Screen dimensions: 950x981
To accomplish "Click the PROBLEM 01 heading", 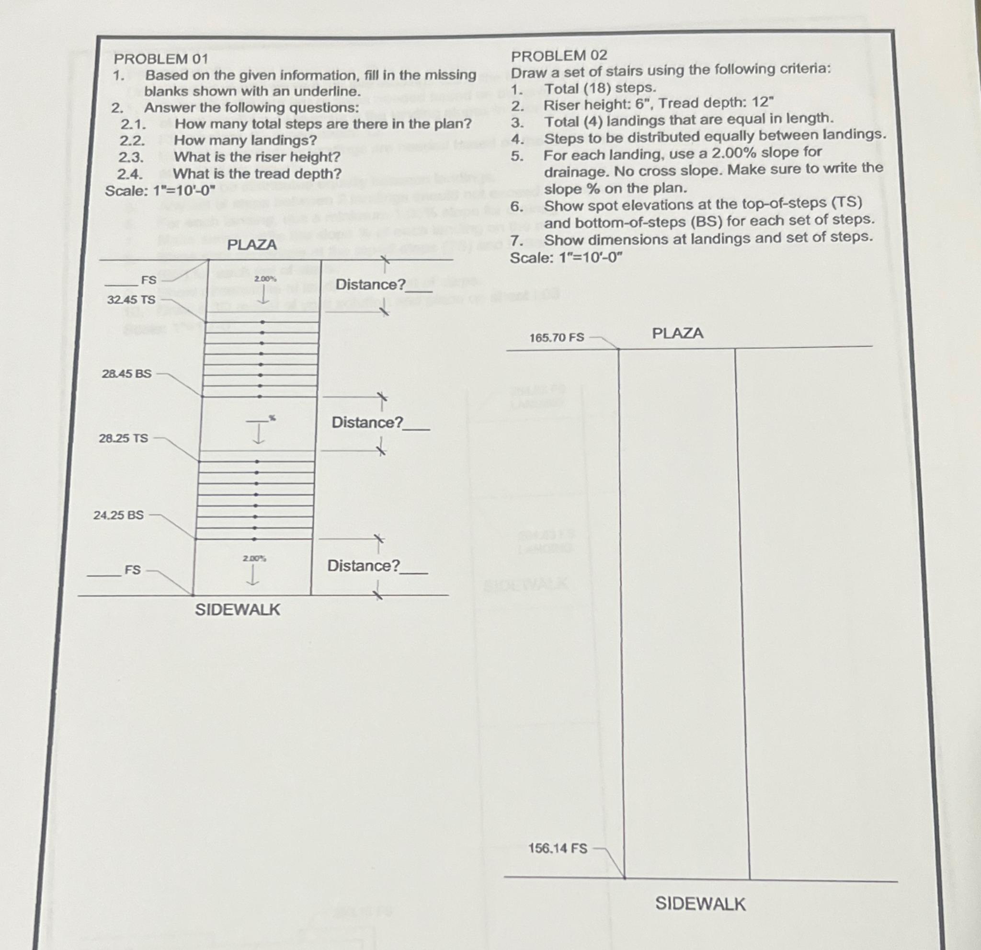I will [x=160, y=58].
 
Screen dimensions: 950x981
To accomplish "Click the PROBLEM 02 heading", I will [x=559, y=55].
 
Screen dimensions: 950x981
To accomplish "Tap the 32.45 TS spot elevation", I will [x=131, y=300].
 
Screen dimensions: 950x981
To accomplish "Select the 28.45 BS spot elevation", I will [x=126, y=373].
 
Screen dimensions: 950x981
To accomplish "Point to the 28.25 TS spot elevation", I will [x=124, y=438].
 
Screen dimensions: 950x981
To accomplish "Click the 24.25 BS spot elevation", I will [x=119, y=515].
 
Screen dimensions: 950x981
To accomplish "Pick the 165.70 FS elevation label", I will [x=557, y=337].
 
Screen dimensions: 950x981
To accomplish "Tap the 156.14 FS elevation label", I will [x=558, y=848].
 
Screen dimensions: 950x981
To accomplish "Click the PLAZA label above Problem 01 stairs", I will [x=252, y=245].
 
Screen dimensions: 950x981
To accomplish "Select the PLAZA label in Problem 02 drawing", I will [x=678, y=333].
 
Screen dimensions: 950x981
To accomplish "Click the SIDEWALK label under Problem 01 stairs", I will [x=237, y=610].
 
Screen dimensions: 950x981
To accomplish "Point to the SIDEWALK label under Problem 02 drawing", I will [x=700, y=904].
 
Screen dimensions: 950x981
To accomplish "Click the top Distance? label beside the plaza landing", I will [x=370, y=285].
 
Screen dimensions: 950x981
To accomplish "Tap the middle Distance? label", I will [x=367, y=423].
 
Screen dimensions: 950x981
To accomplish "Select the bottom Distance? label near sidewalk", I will [x=364, y=566].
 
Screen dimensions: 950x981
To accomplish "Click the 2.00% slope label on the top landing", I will [x=265, y=279].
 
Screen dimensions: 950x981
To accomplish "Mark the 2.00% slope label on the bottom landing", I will [x=254, y=558].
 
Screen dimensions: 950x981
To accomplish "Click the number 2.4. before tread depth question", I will [x=130, y=174].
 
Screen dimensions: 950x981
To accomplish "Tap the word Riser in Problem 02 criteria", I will [x=560, y=105].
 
